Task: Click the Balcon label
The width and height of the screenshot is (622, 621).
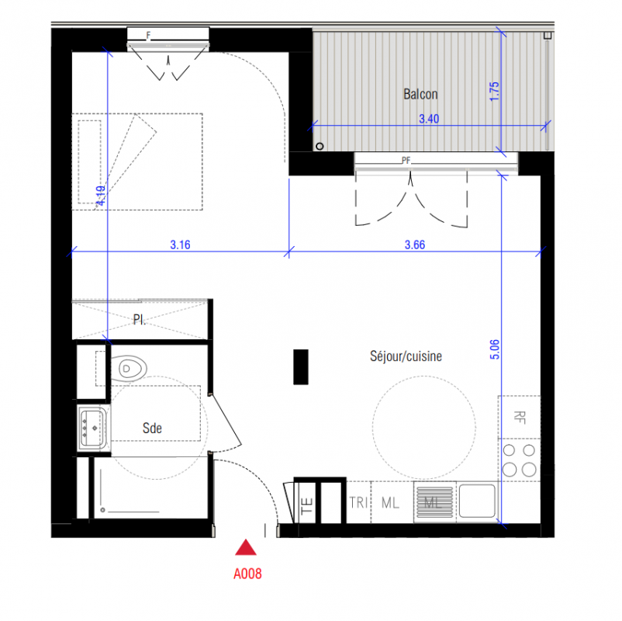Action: pyautogui.click(x=420, y=94)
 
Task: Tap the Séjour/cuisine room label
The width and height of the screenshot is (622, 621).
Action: pyautogui.click(x=406, y=356)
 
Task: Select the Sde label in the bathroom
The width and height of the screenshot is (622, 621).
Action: pyautogui.click(x=152, y=428)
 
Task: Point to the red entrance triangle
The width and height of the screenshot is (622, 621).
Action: pyautogui.click(x=246, y=547)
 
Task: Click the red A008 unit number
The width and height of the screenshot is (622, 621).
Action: pyautogui.click(x=247, y=574)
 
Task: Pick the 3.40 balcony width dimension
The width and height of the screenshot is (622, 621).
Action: pyautogui.click(x=429, y=119)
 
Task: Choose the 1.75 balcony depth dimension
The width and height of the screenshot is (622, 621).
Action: pyautogui.click(x=494, y=92)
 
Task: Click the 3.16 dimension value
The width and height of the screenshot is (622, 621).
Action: pyautogui.click(x=181, y=245)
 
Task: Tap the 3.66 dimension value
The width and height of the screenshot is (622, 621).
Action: pyautogui.click(x=415, y=245)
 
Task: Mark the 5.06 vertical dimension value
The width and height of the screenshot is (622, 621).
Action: pyautogui.click(x=495, y=349)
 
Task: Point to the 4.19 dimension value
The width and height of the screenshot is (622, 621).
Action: pyautogui.click(x=101, y=196)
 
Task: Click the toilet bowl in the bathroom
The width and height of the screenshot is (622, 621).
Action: pyautogui.click(x=129, y=369)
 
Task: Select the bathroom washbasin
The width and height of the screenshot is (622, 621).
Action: pyautogui.click(x=93, y=428)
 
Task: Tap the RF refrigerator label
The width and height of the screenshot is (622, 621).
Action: pyautogui.click(x=520, y=418)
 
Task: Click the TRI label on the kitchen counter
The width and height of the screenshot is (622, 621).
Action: pyautogui.click(x=358, y=503)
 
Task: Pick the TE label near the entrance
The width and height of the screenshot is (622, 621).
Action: pyautogui.click(x=307, y=506)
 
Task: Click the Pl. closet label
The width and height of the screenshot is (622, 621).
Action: pyautogui.click(x=140, y=320)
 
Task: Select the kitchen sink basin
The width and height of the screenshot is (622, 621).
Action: pyautogui.click(x=477, y=501)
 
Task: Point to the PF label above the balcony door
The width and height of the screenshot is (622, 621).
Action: pyautogui.click(x=406, y=161)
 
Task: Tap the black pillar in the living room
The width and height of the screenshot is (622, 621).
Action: pyautogui.click(x=301, y=367)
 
